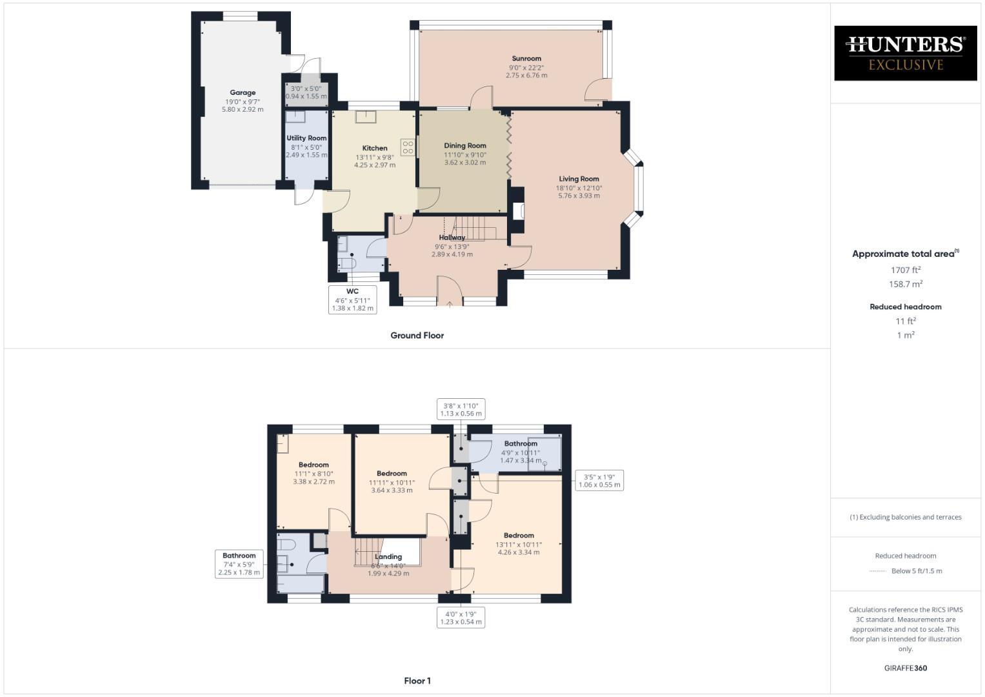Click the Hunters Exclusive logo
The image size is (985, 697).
[x=905, y=53]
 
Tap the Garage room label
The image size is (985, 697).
[x=243, y=93]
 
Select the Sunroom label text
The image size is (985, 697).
[x=526, y=59]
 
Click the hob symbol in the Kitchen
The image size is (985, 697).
[x=408, y=148]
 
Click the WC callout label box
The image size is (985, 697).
[x=352, y=299]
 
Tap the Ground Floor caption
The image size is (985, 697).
[x=417, y=336]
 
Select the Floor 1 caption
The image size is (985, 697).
[x=417, y=681]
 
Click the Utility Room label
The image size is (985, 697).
[x=306, y=138]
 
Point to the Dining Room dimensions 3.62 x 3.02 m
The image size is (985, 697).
[x=464, y=163]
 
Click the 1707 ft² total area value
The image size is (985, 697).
[x=905, y=270]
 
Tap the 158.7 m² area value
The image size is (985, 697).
[x=905, y=284]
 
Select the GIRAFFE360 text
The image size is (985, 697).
[x=905, y=668]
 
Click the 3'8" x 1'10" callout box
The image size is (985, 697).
[x=460, y=410]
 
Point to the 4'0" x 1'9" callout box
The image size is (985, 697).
[x=461, y=618]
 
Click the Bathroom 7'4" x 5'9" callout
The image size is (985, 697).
[x=239, y=563]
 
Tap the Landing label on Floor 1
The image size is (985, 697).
[x=388, y=557]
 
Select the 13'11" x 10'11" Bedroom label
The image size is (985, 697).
[x=519, y=544]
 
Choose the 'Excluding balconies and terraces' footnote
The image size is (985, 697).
[x=905, y=517]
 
